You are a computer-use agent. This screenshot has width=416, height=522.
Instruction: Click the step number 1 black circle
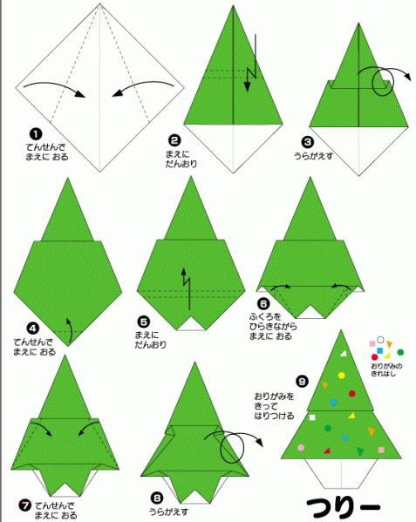pos(36,134)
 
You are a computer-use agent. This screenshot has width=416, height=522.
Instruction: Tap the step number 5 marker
pos(144,322)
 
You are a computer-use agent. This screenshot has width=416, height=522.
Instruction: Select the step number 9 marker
pos(303,381)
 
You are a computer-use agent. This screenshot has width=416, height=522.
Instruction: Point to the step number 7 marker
pos(24,505)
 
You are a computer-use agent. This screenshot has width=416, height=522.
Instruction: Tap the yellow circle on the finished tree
pos(341,376)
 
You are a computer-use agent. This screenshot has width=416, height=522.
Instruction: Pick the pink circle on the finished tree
pos(301,448)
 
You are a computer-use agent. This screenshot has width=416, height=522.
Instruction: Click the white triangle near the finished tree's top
pos(344,353)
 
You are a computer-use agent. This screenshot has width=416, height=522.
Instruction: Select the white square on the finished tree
pos(312,417)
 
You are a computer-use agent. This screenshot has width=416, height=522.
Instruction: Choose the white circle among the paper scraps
pos(380,340)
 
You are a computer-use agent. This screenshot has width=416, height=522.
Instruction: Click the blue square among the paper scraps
pos(379,350)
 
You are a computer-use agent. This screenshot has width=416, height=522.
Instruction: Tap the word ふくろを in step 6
pos(265,316)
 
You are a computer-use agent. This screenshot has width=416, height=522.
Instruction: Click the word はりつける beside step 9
pos(274,416)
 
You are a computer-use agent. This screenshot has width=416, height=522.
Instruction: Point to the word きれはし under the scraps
pos(384,374)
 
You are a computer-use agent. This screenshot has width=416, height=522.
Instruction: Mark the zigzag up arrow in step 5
pos(187,287)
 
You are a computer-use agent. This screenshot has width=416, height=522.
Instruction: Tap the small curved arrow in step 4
pos(71,329)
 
